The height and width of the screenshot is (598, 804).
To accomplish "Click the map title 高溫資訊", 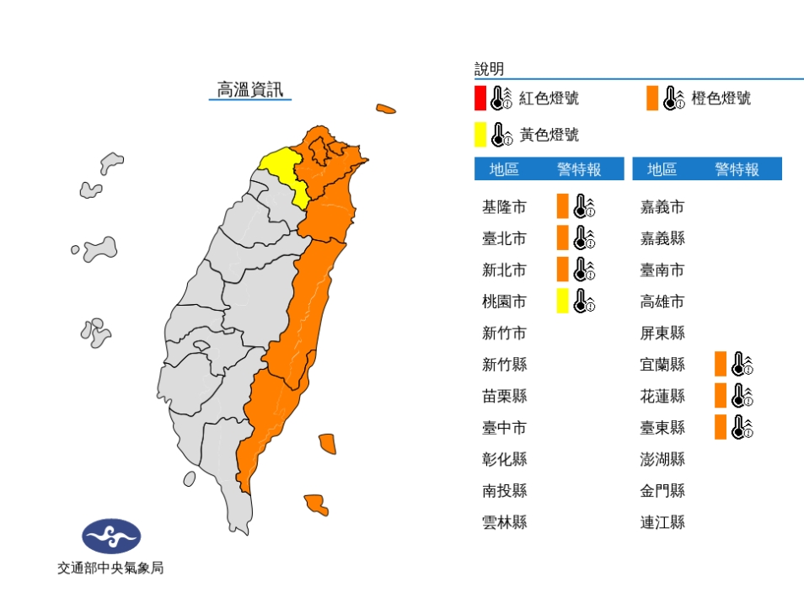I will (x=250, y=90).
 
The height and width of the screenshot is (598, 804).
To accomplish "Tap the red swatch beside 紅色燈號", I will (x=480, y=99).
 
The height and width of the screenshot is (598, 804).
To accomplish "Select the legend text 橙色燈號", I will (x=721, y=99).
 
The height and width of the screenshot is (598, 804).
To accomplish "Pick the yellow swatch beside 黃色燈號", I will (x=480, y=134).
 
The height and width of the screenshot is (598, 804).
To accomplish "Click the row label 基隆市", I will (x=504, y=207).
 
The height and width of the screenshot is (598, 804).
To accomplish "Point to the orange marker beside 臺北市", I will (x=562, y=238).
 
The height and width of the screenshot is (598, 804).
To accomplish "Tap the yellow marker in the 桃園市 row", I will (x=562, y=301).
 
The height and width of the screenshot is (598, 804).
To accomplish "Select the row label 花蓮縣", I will (x=662, y=396).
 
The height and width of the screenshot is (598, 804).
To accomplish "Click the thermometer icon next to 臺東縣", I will (x=742, y=427).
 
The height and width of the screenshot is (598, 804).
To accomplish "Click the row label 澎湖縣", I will (x=662, y=459).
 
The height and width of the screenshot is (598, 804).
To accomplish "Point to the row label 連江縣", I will (x=662, y=522).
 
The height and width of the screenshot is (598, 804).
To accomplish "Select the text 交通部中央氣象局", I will (x=110, y=569).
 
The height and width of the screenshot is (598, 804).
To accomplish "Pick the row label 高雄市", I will (x=662, y=302).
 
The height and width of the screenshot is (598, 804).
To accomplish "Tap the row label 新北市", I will (x=504, y=270).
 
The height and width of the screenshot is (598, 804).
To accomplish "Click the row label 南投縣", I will (x=504, y=491).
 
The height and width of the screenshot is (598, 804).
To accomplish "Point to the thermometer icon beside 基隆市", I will (x=584, y=206).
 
